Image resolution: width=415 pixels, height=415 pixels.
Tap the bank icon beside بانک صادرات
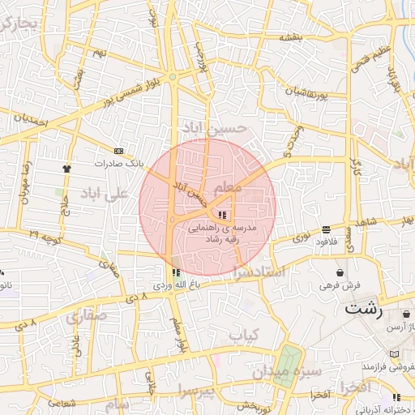[x=120, y=152]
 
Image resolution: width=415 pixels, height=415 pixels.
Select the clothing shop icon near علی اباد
[x=66, y=169]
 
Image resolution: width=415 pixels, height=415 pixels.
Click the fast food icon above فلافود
[x=326, y=229]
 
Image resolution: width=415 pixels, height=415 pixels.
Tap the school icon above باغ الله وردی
[x=175, y=272]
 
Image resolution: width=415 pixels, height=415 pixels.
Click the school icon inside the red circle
[x=221, y=214]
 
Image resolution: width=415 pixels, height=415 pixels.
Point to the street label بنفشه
[x=292, y=37]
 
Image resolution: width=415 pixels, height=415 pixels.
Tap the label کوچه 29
[x=45, y=235]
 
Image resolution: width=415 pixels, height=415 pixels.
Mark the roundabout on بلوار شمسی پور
[x=173, y=78]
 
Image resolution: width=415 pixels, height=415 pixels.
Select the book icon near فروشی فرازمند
[x=394, y=354]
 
